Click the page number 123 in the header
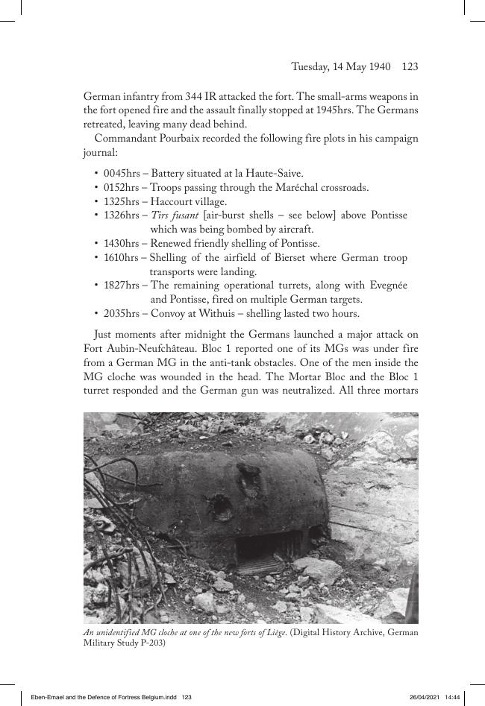pos(410,67)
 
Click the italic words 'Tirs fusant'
pos(175,215)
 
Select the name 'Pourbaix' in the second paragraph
pos(179,138)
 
